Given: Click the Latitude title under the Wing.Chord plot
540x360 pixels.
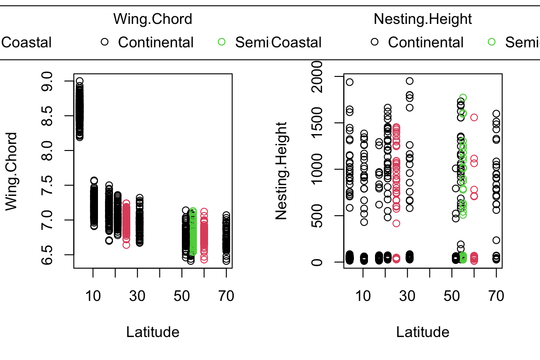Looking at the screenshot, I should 153,332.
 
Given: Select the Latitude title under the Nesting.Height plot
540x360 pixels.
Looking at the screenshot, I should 423,332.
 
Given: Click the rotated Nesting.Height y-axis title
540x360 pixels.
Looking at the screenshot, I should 281,171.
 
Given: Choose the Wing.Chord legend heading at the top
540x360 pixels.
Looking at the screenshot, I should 153,19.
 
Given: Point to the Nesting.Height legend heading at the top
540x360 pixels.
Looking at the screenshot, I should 423,19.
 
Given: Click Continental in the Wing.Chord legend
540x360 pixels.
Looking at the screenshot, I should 156,42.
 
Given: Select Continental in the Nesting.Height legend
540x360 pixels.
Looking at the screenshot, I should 426,42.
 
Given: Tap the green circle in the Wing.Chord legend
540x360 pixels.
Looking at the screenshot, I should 222,42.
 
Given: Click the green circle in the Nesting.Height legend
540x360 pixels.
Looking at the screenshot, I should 492,42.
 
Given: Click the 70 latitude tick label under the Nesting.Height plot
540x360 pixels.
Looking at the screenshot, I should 496,296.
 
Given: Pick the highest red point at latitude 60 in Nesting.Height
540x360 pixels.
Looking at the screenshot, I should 474,117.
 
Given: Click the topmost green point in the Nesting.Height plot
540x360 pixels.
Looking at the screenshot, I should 463,98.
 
